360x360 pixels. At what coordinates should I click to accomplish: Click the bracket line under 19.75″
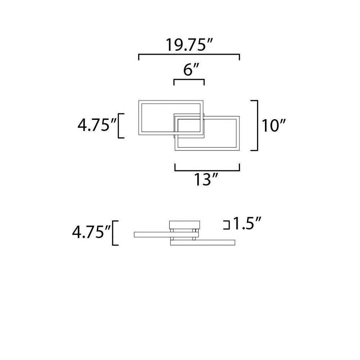click(x=189, y=55)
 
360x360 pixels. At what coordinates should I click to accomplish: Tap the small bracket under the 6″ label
click(x=189, y=80)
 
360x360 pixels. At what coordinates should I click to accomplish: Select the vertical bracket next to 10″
click(x=257, y=125)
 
